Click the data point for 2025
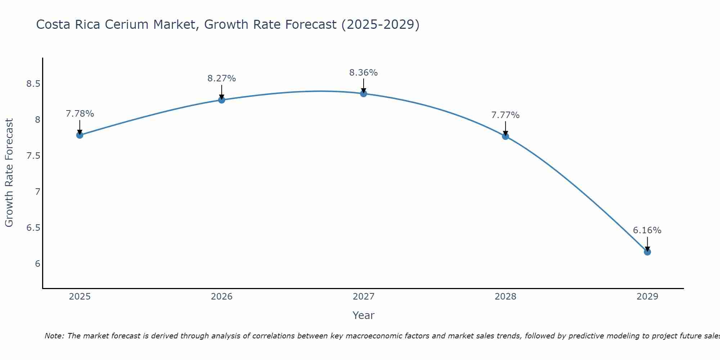coord(80,135)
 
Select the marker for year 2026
coord(222,100)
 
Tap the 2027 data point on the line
coord(364,94)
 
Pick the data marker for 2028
coord(505,136)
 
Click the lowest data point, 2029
coord(647,252)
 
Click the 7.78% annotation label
coord(80,114)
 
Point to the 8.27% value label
coord(222,78)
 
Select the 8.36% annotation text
coord(364,73)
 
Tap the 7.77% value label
coord(505,115)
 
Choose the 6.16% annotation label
coord(647,230)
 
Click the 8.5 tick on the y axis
coord(33,84)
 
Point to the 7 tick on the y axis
coord(37,192)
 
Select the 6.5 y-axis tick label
coord(33,228)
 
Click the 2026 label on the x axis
coord(222,297)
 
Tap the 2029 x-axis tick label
coord(647,297)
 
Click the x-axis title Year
coord(364,315)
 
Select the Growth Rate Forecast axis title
coord(9,173)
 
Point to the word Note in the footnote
coord(54,336)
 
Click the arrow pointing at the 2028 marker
coord(505,129)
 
